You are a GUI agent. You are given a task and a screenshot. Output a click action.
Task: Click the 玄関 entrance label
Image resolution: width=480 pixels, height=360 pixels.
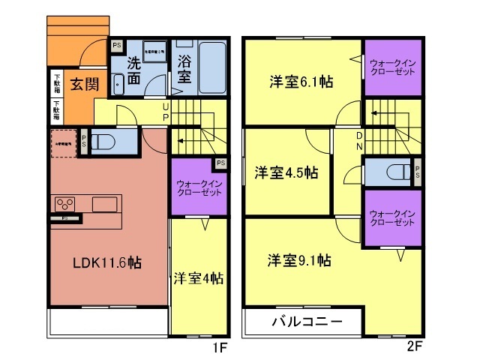click(85, 84)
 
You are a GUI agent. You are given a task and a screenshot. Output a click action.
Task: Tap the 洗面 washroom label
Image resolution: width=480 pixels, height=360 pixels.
click(134, 69)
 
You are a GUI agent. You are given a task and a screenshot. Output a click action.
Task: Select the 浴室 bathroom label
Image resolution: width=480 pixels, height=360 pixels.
click(184, 69)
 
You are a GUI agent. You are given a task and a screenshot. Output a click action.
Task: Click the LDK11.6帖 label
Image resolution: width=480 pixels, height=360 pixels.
click(107, 262)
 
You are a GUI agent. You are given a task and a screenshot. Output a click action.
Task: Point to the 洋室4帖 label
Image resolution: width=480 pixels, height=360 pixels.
click(198, 278)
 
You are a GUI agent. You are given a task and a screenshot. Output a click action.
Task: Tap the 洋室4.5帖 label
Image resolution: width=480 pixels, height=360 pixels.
click(285, 172)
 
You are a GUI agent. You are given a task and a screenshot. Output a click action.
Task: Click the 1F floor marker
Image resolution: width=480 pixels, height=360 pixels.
click(217, 347)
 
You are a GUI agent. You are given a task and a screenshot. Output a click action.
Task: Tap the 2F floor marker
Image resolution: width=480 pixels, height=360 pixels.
click(415, 347)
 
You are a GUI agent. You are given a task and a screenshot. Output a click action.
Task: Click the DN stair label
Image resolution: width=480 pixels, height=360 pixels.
click(360, 140)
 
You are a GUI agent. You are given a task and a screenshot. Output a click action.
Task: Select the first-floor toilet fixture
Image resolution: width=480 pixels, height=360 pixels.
click(106, 141)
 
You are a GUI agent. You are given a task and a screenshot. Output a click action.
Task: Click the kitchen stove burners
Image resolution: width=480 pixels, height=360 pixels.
click(64, 203)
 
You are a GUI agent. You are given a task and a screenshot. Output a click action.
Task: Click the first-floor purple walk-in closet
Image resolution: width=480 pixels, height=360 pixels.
click(199, 187)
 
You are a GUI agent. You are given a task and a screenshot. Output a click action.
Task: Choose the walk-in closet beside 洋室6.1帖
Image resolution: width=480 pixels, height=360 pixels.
click(393, 67)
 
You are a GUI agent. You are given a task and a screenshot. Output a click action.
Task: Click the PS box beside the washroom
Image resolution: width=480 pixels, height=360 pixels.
click(116, 46)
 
